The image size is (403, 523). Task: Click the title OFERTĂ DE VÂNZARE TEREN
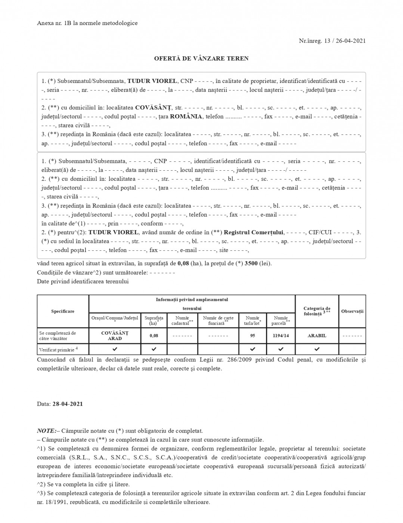pos(201,59)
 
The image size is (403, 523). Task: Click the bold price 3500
pos(251,263)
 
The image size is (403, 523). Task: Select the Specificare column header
pos(63,311)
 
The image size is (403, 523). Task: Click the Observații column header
pos(352,311)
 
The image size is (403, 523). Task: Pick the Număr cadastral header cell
pos(182,321)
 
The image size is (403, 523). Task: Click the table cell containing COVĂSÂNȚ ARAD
pos(115,335)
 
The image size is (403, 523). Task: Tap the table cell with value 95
pos(252,335)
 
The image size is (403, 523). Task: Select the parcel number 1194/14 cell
pos(281,335)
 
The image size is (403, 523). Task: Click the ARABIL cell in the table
pos(317,335)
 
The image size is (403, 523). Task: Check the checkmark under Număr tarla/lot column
pos(252,349)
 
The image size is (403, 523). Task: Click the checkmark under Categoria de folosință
pos(317,349)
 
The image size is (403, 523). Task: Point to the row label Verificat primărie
pos(59,350)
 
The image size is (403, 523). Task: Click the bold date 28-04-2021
pos(68,404)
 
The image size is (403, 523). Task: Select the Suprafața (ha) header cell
pos(154,321)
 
